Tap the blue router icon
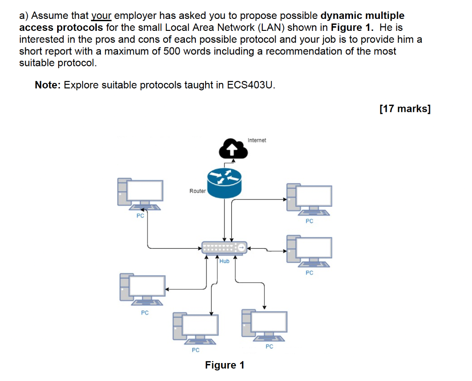tap(224, 182)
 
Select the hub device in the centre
tap(224, 248)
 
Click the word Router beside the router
tap(197, 191)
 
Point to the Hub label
tap(224, 261)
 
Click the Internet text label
tap(257, 140)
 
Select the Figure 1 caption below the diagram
tap(224, 365)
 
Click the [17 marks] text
tap(405, 109)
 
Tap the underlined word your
tap(101, 16)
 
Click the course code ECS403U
tap(250, 85)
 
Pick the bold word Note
tap(47, 85)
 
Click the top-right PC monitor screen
tap(313, 196)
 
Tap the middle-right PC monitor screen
tap(313, 248)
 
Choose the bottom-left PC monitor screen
tap(147, 286)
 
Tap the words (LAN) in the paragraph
tap(271, 28)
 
